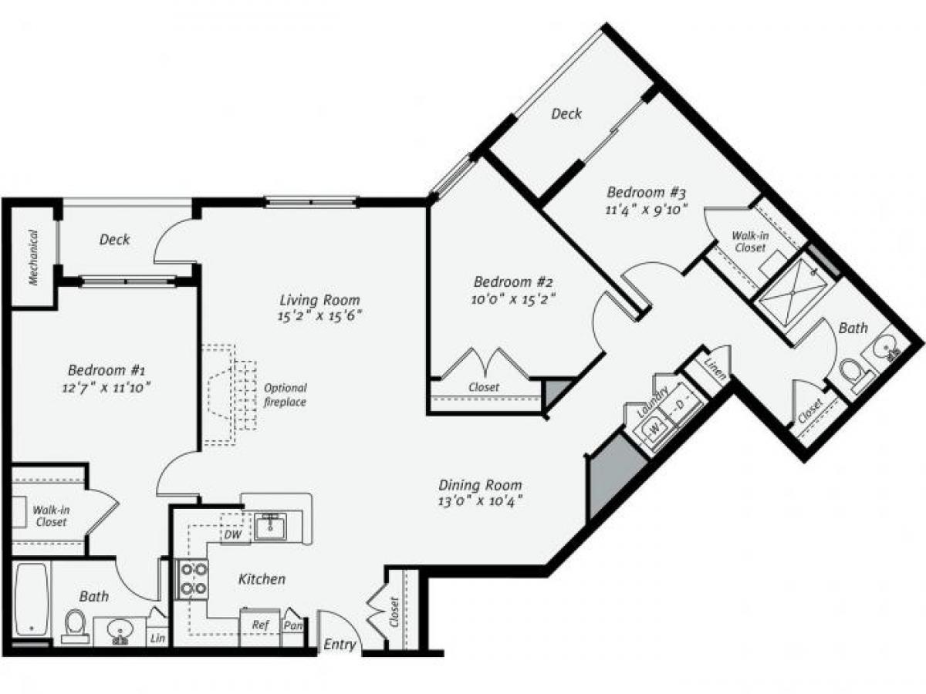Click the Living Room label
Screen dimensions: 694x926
pyautogui.click(x=319, y=300)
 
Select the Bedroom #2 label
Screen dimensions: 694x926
pyautogui.click(x=514, y=281)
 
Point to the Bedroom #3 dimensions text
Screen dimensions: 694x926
pyautogui.click(x=647, y=208)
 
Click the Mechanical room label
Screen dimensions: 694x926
pyautogui.click(x=34, y=257)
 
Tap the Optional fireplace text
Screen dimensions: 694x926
pyautogui.click(x=285, y=395)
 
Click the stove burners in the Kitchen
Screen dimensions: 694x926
pyautogui.click(x=193, y=578)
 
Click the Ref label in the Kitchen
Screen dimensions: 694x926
pyautogui.click(x=260, y=625)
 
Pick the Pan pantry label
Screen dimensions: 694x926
pyautogui.click(x=292, y=625)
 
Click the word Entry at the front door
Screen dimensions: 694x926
pyautogui.click(x=339, y=645)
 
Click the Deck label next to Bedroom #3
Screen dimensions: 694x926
pyautogui.click(x=566, y=114)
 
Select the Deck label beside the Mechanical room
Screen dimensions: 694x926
pyautogui.click(x=114, y=240)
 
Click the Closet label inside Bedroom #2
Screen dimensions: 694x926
pyautogui.click(x=484, y=387)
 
